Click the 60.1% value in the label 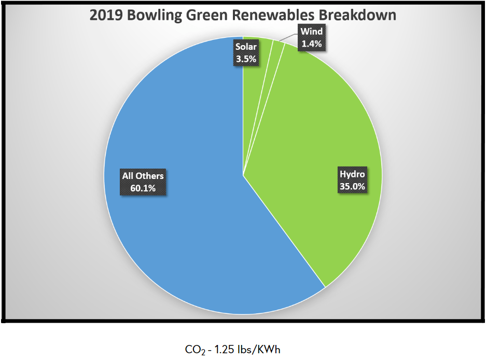tap(143, 188)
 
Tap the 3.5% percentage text tap(246, 59)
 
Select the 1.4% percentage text tap(312, 44)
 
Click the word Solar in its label tap(246, 47)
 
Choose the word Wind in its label tap(312, 32)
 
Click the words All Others tap(143, 176)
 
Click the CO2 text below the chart tap(193, 350)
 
